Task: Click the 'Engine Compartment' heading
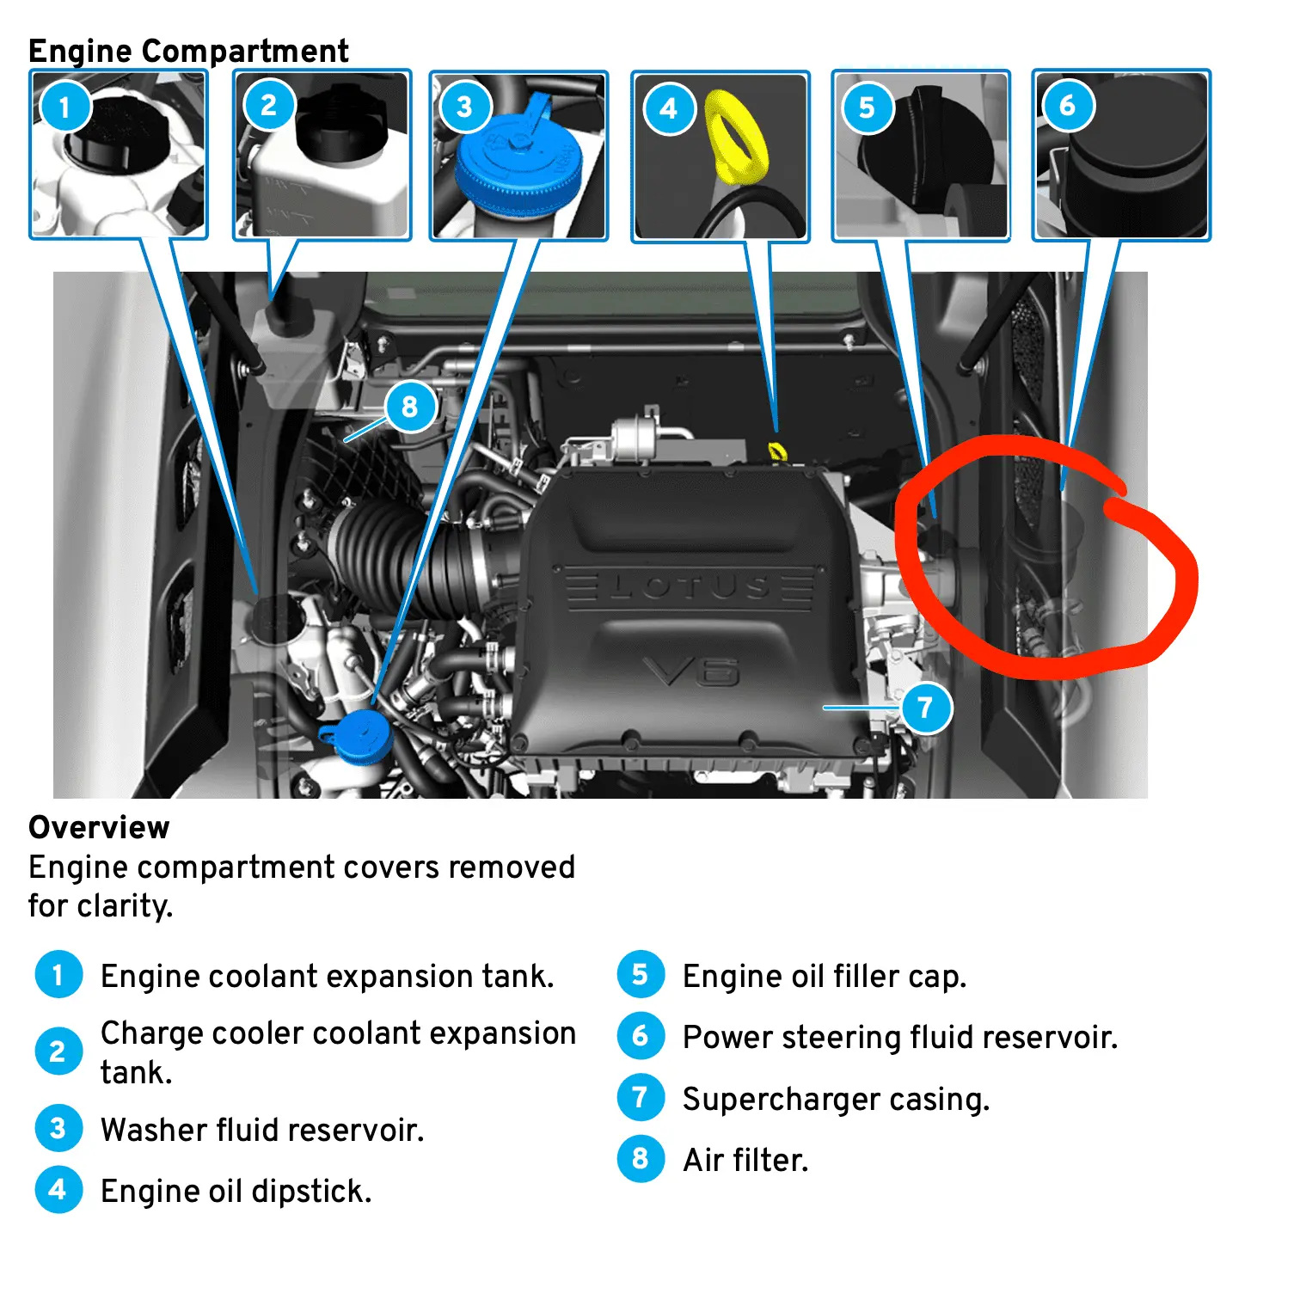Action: (188, 51)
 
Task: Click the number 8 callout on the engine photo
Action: (409, 406)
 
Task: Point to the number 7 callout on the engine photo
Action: (925, 708)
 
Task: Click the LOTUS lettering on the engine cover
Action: (688, 588)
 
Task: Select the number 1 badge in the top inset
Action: (64, 107)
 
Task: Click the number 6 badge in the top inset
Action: (1067, 106)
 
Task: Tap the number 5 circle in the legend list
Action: (641, 974)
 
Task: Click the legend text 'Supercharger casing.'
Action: (836, 1099)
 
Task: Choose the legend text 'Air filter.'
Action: (745, 1160)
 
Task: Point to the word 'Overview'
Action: (99, 827)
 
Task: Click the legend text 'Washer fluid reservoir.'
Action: (262, 1130)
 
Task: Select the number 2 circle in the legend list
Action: (58, 1051)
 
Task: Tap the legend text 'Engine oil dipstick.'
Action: (236, 1191)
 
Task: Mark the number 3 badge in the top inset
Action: (464, 107)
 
